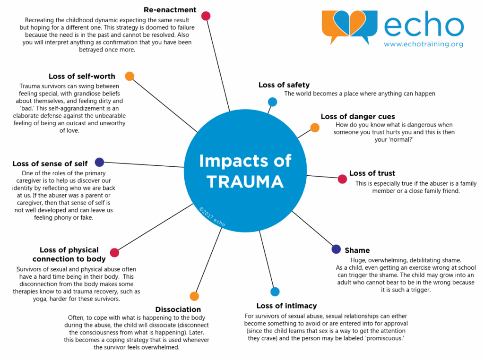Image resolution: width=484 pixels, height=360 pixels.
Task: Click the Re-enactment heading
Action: pos(170,9)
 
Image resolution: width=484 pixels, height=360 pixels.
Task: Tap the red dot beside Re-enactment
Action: pos(206,16)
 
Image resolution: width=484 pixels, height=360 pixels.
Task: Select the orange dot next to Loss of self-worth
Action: pos(130,76)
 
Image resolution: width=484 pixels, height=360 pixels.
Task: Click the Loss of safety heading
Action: pos(284,85)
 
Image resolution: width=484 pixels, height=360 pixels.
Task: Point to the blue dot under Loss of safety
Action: pos(272,102)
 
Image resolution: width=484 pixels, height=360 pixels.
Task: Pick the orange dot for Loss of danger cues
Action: pos(315,127)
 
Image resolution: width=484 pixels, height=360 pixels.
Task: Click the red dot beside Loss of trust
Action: pos(342,179)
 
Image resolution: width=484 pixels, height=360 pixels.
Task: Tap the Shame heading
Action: pos(357,250)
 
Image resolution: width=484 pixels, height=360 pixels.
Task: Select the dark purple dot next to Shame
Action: pos(336,249)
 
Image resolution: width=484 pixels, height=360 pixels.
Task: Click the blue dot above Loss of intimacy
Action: pos(275,291)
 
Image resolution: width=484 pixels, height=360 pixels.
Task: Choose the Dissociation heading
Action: pos(178,309)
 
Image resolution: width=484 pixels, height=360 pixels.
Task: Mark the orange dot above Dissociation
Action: pos(194,296)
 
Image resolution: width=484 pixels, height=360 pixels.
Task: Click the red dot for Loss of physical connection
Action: pos(114,252)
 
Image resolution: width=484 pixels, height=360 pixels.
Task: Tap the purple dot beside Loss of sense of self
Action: pos(99,162)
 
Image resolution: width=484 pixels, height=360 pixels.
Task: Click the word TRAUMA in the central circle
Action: pos(245,181)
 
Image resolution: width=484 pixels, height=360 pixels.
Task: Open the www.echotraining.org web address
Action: pos(423,44)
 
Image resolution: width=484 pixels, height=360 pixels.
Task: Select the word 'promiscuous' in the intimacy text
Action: pos(384,339)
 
